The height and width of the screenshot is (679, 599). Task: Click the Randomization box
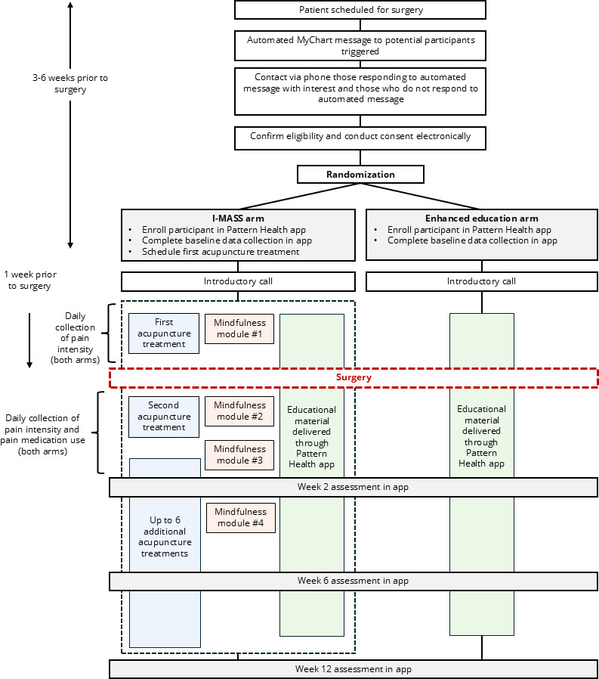click(x=360, y=174)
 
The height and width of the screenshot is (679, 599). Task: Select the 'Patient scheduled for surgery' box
click(x=360, y=10)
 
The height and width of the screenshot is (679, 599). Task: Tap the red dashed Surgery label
click(x=354, y=377)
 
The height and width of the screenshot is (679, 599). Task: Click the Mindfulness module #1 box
click(x=239, y=329)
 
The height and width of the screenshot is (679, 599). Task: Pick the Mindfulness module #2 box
click(x=239, y=411)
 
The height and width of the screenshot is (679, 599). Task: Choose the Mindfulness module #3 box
click(x=239, y=454)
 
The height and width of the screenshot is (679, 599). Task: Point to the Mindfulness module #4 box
click(x=240, y=517)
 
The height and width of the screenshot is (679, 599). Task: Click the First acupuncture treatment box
click(x=164, y=333)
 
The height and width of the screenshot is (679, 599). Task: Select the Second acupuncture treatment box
click(x=164, y=417)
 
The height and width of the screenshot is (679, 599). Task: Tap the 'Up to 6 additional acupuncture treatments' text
click(x=165, y=537)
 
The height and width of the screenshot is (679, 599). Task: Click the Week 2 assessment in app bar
click(x=354, y=487)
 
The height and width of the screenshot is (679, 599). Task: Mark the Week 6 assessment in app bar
click(x=354, y=581)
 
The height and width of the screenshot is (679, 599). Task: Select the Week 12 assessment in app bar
click(x=354, y=669)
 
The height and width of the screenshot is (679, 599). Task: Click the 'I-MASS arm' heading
click(x=238, y=219)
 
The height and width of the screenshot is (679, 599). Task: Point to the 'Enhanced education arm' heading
click(x=482, y=219)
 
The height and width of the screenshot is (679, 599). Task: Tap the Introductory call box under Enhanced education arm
click(x=482, y=281)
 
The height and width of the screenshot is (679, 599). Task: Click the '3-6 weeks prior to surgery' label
click(x=70, y=84)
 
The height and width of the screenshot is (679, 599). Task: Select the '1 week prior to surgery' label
click(x=30, y=281)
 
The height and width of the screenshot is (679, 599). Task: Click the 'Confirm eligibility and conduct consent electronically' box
click(x=360, y=138)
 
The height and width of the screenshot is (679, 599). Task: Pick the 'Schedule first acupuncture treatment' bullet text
click(x=221, y=252)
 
